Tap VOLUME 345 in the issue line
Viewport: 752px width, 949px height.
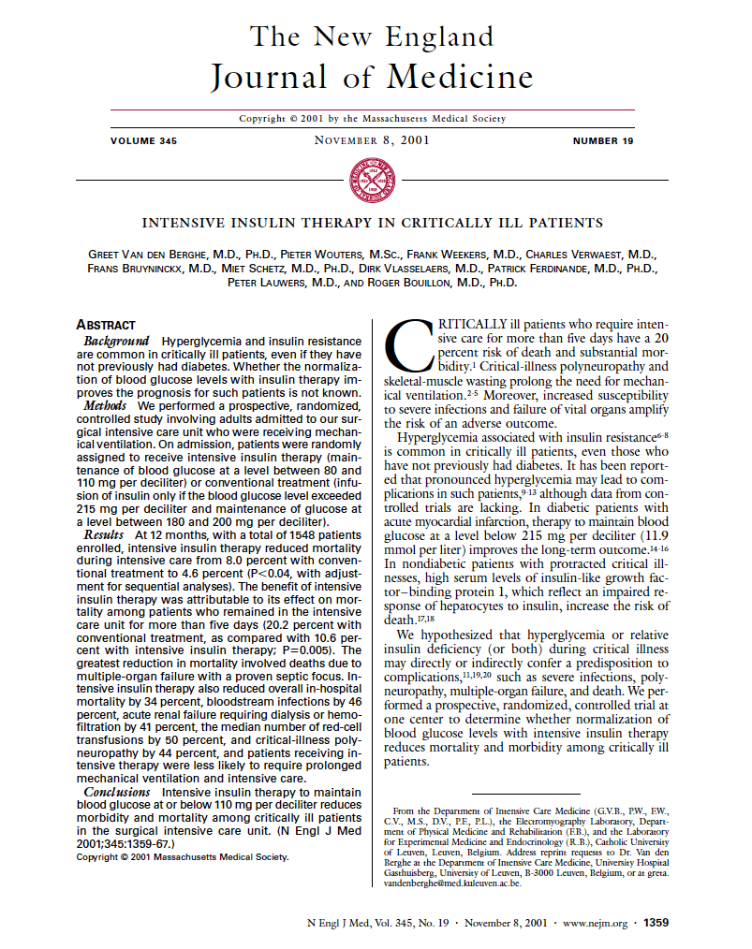(x=143, y=141)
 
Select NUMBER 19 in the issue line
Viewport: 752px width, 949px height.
(x=603, y=141)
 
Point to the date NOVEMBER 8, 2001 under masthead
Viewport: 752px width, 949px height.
(x=372, y=141)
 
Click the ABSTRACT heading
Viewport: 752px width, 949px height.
(x=106, y=324)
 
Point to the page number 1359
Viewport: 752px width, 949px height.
(x=656, y=922)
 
